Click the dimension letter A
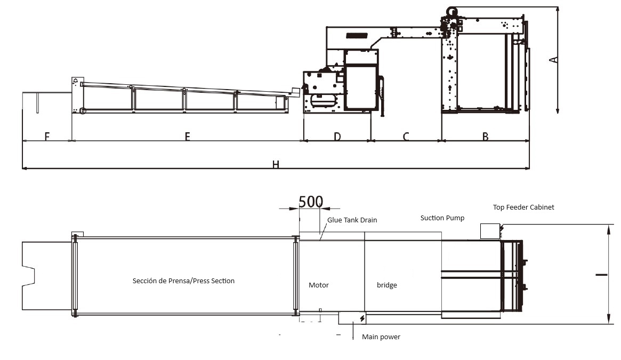pos(554,60)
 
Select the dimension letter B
pos(486,137)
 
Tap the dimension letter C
pos(406,137)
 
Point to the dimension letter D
pos(337,137)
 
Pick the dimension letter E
pos(187,137)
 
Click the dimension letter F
pos(47,137)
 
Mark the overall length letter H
pos(276,164)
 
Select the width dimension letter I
pos(601,274)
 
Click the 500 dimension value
pos(310,202)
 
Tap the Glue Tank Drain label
pos(352,220)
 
